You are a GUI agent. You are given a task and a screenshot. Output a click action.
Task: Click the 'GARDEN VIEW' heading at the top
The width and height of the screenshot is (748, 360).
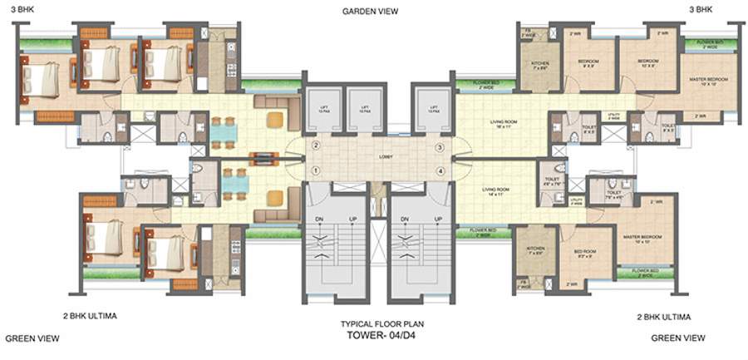coord(370,12)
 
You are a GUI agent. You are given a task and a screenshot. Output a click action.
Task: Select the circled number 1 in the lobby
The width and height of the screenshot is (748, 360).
coord(316,171)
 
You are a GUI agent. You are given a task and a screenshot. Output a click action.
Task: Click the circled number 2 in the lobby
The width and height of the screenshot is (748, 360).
coord(316,146)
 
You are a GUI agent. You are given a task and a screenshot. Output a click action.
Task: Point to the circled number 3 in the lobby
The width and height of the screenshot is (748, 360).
coord(440,147)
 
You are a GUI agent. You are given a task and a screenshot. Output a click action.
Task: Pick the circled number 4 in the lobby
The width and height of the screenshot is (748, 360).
coord(440,172)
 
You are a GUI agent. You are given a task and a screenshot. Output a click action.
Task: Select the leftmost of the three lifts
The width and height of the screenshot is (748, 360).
coord(321,109)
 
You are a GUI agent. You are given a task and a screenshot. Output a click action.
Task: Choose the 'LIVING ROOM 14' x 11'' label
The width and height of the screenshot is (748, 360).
coord(495,194)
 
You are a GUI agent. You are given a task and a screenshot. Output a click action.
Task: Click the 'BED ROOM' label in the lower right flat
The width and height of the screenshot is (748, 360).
coord(583,254)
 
